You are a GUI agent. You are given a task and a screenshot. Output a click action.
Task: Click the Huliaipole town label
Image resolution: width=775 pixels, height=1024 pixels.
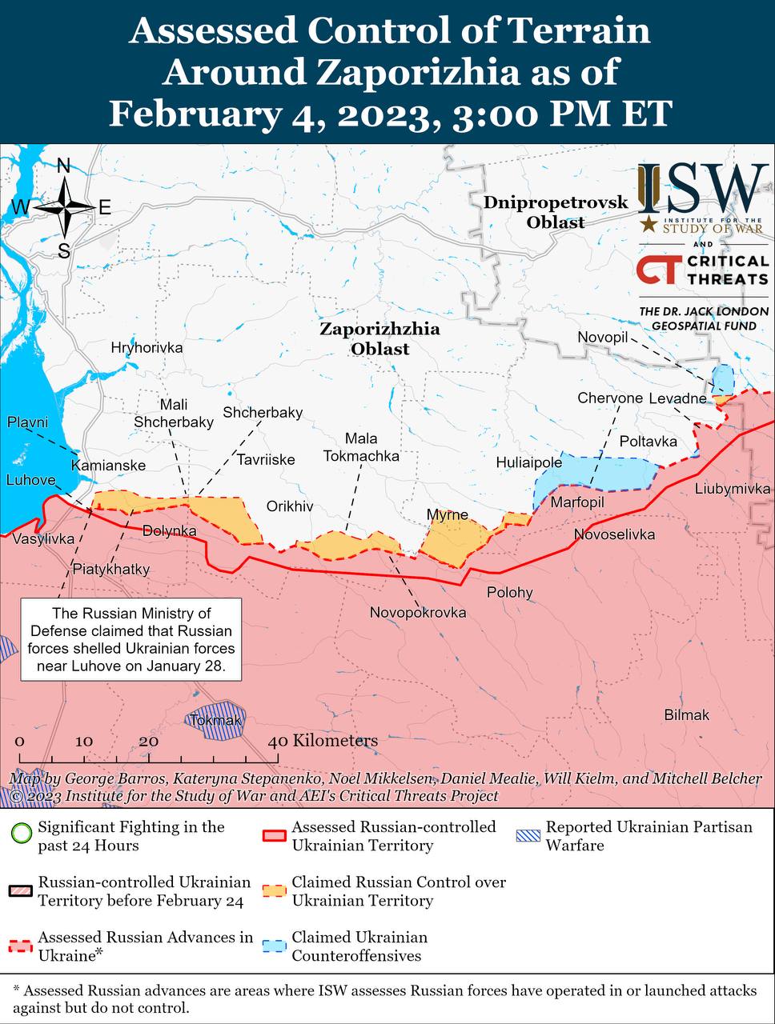528,462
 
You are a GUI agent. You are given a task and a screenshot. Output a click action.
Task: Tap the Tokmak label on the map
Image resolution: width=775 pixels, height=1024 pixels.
216,721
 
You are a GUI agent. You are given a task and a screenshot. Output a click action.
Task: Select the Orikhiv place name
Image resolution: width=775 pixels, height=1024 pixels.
290,506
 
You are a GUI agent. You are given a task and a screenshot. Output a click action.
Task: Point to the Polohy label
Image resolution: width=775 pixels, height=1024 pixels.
510,593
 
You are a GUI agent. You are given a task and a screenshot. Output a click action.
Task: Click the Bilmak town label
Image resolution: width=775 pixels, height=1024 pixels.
686,715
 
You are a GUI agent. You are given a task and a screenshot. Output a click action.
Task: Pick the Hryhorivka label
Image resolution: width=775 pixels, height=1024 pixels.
147,347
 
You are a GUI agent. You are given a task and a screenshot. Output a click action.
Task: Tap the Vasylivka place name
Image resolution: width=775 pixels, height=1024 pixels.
43,538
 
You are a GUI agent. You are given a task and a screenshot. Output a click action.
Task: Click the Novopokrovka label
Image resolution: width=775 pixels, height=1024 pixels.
417,612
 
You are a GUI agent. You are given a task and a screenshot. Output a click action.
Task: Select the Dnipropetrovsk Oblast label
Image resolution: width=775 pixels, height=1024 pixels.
556,212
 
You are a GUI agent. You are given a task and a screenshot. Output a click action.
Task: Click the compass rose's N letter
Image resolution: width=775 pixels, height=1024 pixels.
63,166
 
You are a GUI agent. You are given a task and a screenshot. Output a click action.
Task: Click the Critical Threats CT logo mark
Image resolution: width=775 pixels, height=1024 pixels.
660,270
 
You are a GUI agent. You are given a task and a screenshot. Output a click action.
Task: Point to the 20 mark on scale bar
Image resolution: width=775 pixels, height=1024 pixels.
149,741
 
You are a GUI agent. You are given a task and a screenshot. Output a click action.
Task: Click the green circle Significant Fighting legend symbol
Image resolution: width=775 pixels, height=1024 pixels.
22,836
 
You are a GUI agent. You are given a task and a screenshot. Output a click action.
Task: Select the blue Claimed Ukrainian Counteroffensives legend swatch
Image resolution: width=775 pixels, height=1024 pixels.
275,946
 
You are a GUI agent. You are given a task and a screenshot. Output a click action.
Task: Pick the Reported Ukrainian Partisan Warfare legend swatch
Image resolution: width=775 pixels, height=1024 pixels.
528,836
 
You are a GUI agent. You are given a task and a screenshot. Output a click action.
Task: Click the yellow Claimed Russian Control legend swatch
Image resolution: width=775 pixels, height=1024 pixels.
275,890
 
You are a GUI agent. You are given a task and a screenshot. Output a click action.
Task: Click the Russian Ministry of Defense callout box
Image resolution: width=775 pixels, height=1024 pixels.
131,639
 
